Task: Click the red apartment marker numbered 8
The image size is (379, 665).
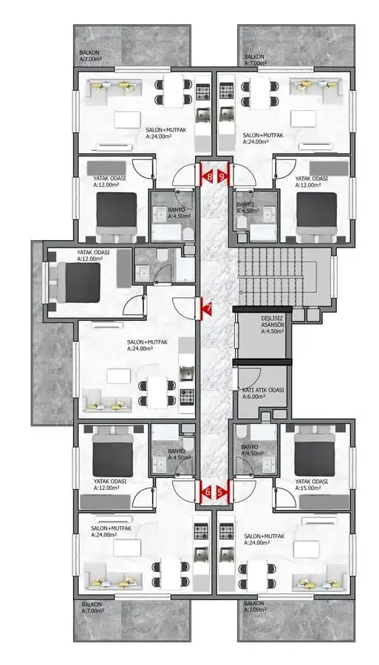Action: point(208,176)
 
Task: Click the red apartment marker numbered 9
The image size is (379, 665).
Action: point(222,176)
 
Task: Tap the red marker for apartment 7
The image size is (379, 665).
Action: point(207,307)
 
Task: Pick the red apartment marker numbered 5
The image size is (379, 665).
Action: point(222,492)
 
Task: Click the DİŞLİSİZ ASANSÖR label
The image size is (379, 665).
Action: point(272,325)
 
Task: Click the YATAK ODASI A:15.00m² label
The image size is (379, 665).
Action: point(311,485)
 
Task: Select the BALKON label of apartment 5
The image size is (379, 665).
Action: point(255,607)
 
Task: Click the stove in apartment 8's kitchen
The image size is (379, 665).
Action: point(202,91)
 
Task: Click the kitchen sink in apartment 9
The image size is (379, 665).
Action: point(226,113)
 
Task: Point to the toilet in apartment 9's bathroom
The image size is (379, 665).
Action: point(242,223)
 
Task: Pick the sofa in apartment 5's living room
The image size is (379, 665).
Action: point(319,582)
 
